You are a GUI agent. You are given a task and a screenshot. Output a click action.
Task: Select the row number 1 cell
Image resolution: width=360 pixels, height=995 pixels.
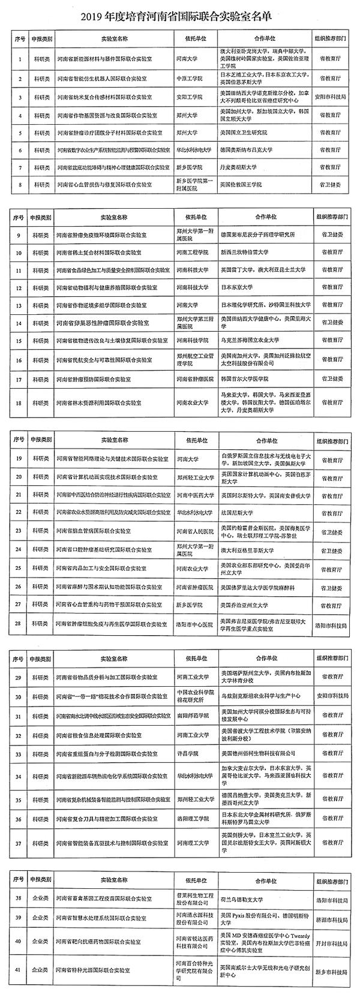20,60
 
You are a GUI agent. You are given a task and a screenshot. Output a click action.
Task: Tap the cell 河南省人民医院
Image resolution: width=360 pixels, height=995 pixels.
195,530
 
